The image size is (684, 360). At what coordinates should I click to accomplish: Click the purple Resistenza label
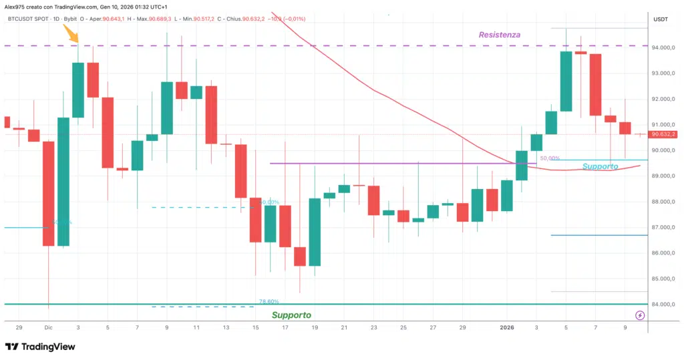tap(499, 34)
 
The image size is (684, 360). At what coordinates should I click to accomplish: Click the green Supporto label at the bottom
tap(291, 315)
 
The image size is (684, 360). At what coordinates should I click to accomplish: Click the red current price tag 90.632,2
tap(664, 134)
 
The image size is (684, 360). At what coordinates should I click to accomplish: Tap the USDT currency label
tap(660, 20)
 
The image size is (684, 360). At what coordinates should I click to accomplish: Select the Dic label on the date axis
tap(48, 328)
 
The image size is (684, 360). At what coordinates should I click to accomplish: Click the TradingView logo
tap(40, 347)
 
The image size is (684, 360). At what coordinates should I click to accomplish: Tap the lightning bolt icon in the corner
tap(640, 315)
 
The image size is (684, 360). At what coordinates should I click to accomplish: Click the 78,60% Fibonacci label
tap(269, 302)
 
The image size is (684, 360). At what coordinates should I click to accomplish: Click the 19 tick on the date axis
tap(314, 328)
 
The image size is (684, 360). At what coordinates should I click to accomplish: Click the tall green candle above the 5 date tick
tap(566, 81)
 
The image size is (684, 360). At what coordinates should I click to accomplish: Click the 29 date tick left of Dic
tap(19, 328)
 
